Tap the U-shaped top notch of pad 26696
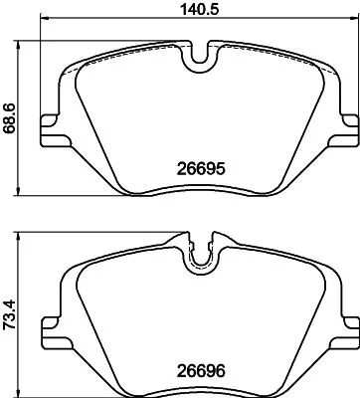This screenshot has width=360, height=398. pos(201,258)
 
